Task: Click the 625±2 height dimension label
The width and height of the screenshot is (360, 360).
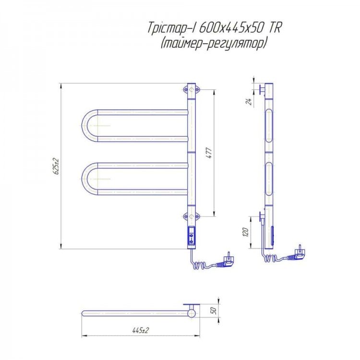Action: pyautogui.click(x=57, y=166)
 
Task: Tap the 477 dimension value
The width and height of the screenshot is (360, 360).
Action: pyautogui.click(x=210, y=153)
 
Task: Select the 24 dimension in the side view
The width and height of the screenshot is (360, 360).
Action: pyautogui.click(x=249, y=101)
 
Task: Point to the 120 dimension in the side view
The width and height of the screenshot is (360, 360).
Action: pyautogui.click(x=245, y=232)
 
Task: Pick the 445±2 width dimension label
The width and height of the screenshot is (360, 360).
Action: pyautogui.click(x=141, y=330)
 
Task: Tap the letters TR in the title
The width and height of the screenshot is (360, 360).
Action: pyautogui.click(x=274, y=28)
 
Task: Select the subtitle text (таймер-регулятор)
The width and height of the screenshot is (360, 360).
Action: pyautogui.click(x=213, y=43)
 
